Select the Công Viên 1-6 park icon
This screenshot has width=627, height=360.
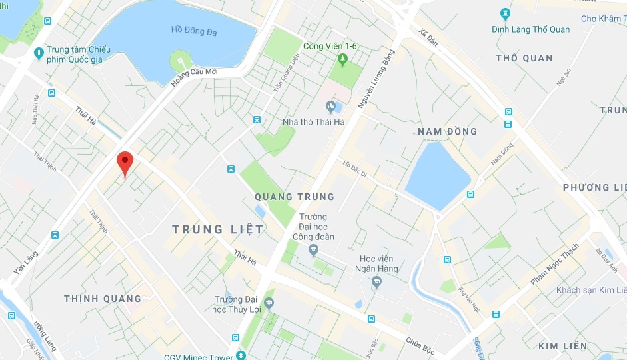[343, 60]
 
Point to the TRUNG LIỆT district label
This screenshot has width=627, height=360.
[217, 229]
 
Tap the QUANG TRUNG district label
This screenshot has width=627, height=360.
[295, 197]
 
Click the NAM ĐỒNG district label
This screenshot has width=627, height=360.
[448, 131]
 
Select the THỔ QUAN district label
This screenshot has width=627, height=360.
[524, 58]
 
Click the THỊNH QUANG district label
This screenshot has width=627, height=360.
[103, 299]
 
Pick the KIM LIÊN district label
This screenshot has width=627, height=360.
[563, 346]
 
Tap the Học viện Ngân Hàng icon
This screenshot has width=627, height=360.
[376, 283]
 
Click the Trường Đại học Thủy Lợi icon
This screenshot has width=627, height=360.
[269, 303]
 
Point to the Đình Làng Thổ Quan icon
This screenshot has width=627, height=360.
[505, 13]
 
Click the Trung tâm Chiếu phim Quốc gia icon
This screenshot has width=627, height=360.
[39, 53]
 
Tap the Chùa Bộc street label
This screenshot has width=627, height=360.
[420, 343]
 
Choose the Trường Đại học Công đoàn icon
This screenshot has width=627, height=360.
[313, 250]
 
